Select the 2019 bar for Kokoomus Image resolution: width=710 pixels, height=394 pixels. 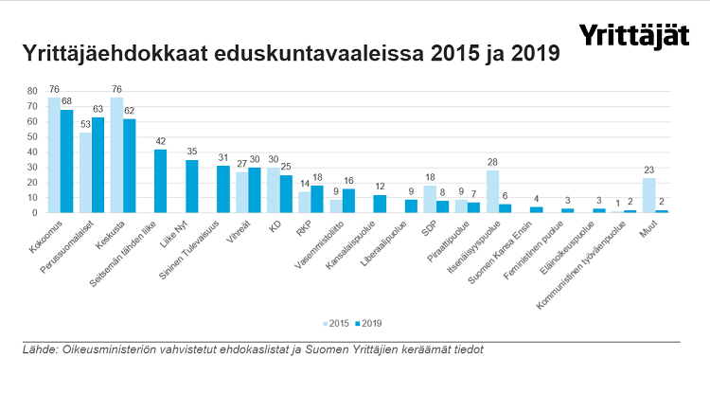point(66,161)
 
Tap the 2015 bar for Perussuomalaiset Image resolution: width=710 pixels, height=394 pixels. point(85,172)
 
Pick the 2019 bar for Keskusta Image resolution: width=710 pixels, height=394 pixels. point(129,166)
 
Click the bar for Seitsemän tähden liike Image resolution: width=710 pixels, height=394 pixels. point(160,181)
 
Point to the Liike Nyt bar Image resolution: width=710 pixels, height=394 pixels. point(191,187)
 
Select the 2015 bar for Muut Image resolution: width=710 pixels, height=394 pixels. point(648,195)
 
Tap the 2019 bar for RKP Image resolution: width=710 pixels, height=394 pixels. point(317,199)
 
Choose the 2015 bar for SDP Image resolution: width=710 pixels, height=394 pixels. point(430,199)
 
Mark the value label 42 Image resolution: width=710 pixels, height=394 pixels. point(160,142)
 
